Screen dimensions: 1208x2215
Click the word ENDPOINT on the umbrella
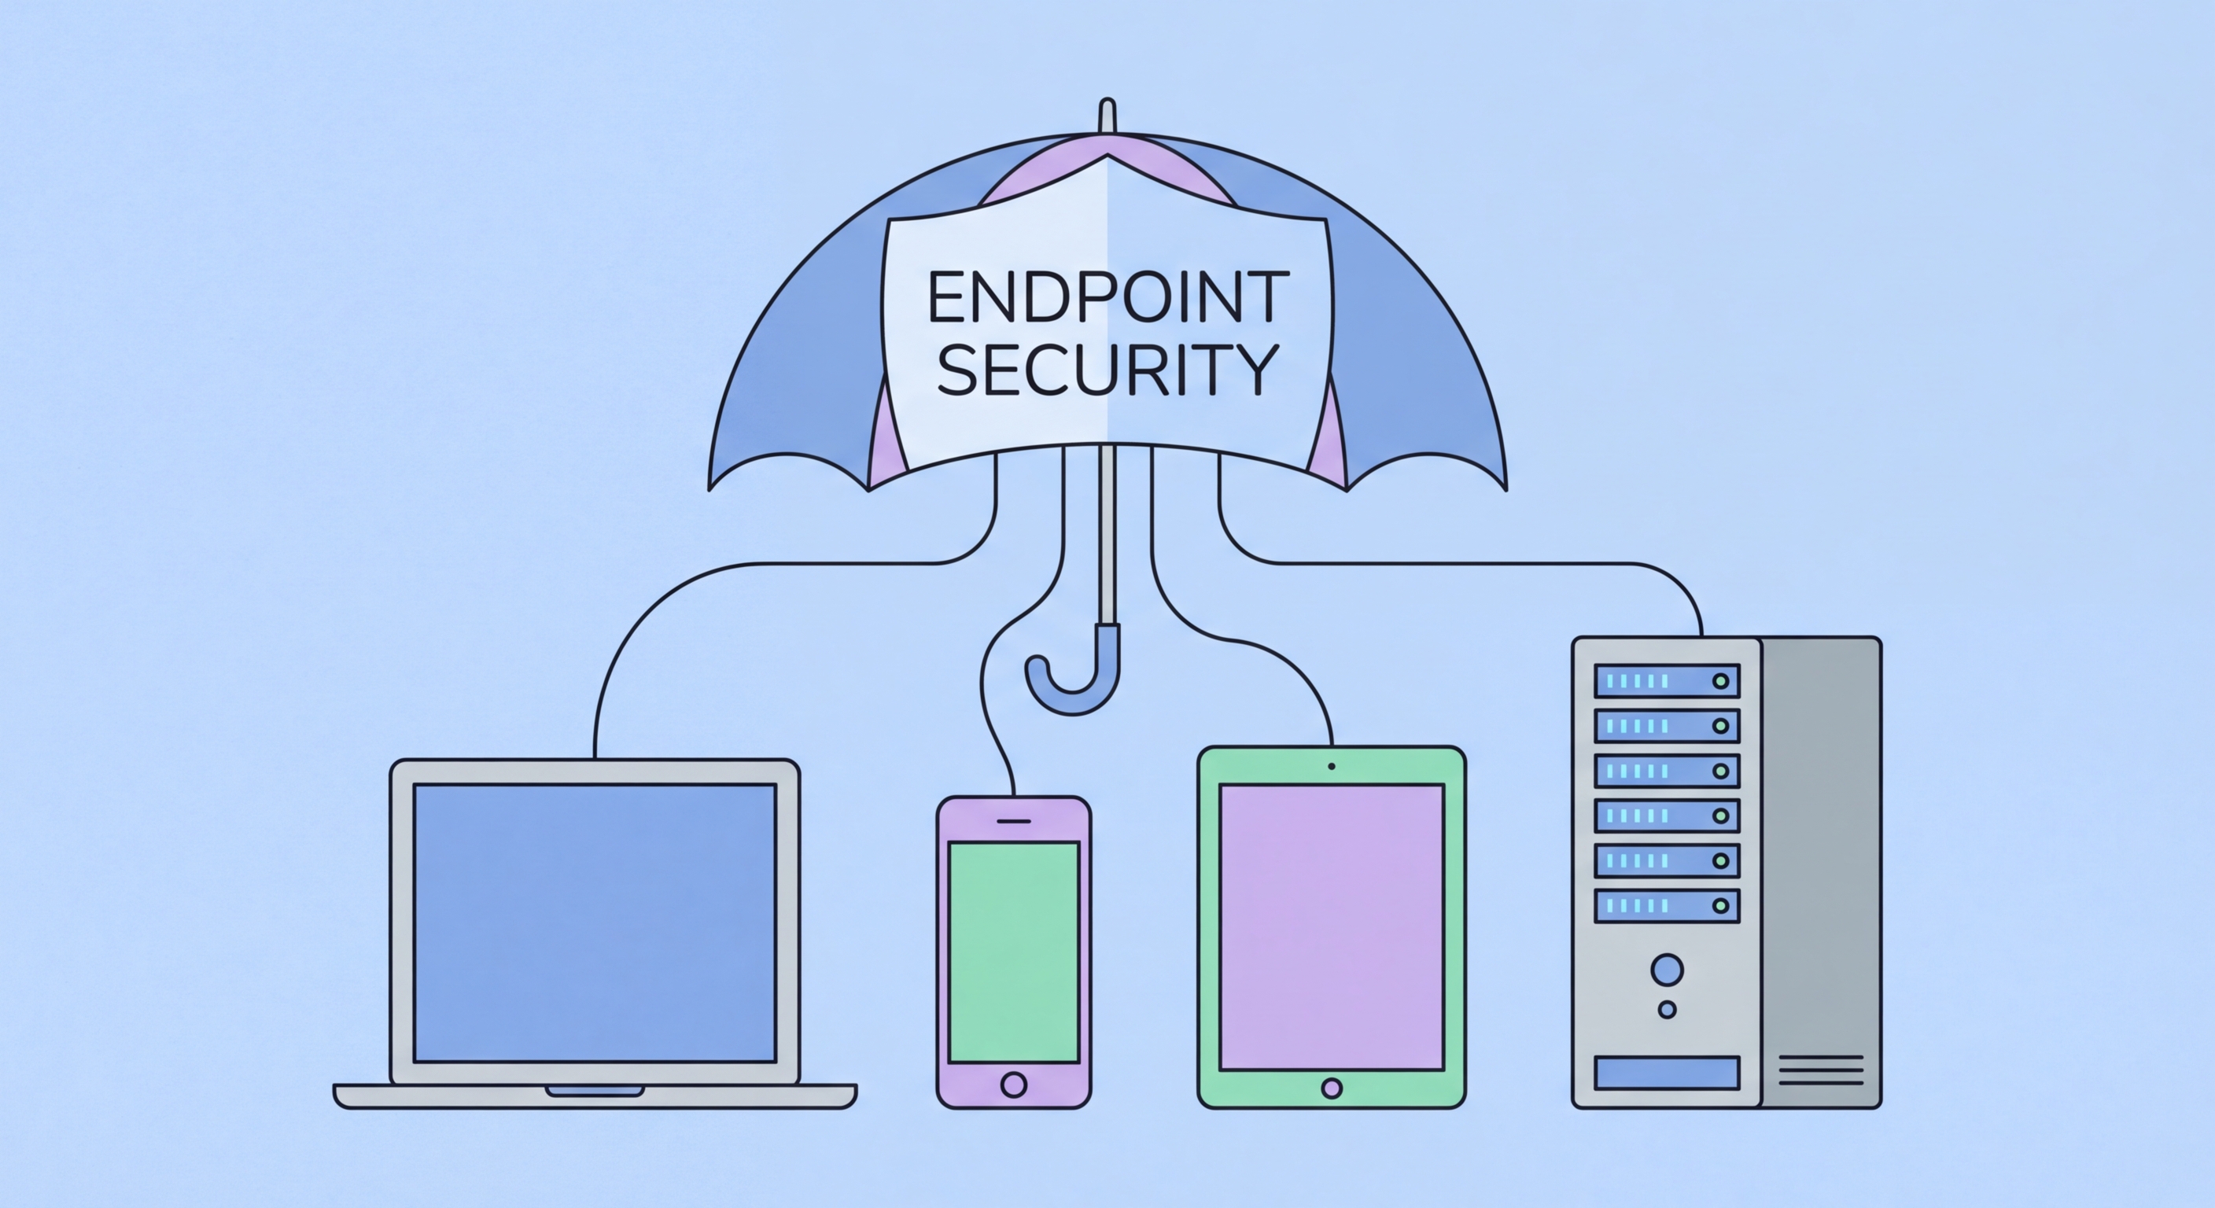pos(1107,296)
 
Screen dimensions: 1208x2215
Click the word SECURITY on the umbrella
pos(1107,370)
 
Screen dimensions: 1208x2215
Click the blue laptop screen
pos(595,923)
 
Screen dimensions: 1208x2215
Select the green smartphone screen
pos(1014,952)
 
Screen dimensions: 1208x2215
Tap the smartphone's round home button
pos(1014,1085)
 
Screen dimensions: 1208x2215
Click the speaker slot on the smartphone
pos(1014,821)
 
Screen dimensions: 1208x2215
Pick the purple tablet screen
pos(1331,927)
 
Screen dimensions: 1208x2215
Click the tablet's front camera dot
pos(1331,766)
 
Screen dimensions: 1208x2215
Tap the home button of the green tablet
pos(1331,1088)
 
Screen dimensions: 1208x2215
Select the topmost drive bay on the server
pos(1667,681)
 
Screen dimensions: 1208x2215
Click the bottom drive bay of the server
pos(1667,905)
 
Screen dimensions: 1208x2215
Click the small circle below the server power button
pos(1667,1009)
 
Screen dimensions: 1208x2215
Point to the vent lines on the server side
pos(1820,1070)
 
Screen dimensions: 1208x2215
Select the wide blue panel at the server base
pos(1667,1073)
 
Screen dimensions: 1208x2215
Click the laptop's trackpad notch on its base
pos(595,1091)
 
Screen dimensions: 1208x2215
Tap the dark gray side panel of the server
pos(1820,860)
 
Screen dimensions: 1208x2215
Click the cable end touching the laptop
pos(595,755)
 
